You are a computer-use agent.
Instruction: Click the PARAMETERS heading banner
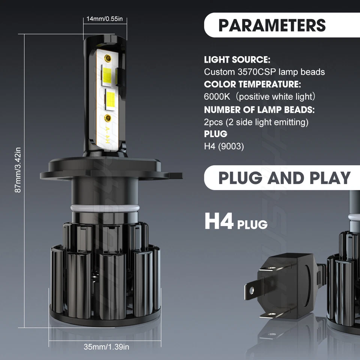272,25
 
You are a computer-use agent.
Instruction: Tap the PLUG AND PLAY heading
284,178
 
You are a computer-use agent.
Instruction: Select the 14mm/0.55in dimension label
105,19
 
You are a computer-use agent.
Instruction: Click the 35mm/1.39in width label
106,347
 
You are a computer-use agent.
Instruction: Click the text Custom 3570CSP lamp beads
264,72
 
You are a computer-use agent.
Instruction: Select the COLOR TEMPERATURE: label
252,84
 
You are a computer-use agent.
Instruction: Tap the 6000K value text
215,97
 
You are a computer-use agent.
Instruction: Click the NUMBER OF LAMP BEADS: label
259,109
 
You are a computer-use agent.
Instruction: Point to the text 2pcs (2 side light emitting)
256,122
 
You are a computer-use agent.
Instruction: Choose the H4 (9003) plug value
224,146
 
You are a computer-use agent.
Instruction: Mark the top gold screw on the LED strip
108,58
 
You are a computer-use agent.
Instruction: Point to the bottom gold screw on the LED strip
108,118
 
